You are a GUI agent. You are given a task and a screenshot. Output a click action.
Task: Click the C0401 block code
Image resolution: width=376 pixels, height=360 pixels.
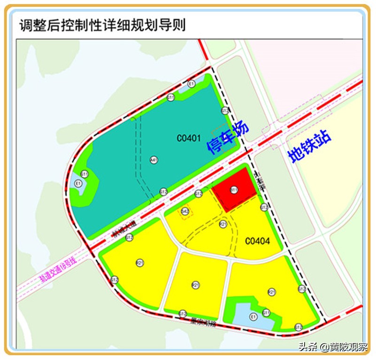tap(189, 138)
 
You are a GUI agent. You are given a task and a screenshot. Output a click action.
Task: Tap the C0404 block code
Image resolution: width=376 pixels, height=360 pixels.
tap(258, 241)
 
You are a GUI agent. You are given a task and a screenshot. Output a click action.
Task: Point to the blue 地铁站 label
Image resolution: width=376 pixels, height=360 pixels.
tap(309, 146)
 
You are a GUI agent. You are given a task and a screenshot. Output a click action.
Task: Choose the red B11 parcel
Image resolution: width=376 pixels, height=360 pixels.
tap(234, 190)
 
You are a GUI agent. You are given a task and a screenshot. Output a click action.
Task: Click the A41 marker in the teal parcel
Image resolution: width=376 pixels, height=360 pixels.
tap(154, 160)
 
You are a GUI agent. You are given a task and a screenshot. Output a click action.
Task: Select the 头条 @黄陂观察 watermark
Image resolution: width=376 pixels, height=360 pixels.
tap(332, 347)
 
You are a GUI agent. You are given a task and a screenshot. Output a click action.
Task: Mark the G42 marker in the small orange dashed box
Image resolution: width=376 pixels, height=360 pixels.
tap(185, 212)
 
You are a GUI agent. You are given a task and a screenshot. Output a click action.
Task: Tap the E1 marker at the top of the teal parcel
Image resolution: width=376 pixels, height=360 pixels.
tap(191, 84)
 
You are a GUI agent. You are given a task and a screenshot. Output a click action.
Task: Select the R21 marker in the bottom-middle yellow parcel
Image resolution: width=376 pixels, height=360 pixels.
tap(196, 284)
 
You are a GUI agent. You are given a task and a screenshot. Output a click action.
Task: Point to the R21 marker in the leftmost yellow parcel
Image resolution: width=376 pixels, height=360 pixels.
tap(140, 262)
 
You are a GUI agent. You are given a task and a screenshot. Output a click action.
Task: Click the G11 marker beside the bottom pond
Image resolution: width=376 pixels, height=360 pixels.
tap(266, 313)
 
